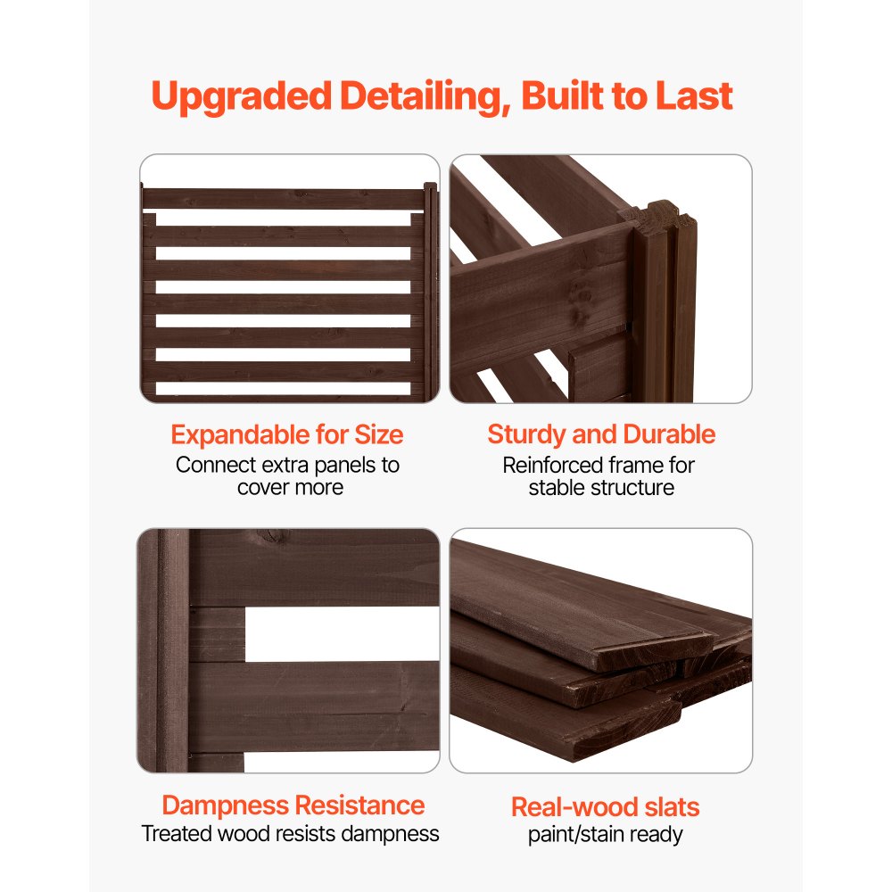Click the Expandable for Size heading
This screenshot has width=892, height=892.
(x=287, y=435)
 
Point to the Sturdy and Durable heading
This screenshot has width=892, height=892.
(x=601, y=434)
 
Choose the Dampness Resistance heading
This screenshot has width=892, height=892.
(x=293, y=805)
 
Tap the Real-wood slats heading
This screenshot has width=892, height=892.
(x=605, y=807)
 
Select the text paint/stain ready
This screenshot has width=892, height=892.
(x=605, y=835)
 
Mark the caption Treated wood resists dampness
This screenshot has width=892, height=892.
(x=291, y=834)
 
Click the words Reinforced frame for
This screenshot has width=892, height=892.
(x=599, y=465)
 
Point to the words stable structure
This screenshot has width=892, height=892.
(x=601, y=487)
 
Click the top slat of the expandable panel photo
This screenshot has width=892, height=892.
(x=284, y=198)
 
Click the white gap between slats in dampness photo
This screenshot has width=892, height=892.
(x=339, y=633)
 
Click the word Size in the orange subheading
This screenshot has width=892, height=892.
(x=379, y=435)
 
